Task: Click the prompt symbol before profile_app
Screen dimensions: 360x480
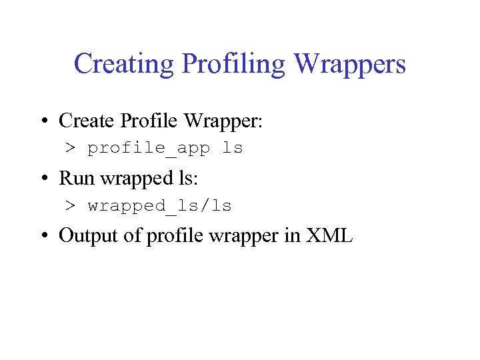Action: tap(70, 148)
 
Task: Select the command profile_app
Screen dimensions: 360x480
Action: tap(149, 149)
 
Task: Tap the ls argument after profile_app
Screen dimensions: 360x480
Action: tap(233, 148)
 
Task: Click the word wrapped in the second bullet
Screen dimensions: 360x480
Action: tap(124, 179)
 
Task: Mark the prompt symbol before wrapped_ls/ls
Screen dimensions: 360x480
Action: tap(70, 206)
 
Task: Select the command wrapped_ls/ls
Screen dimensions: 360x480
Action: tap(160, 207)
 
